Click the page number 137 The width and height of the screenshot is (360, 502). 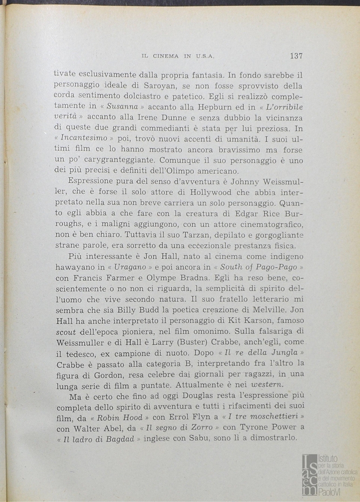tap(296, 56)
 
